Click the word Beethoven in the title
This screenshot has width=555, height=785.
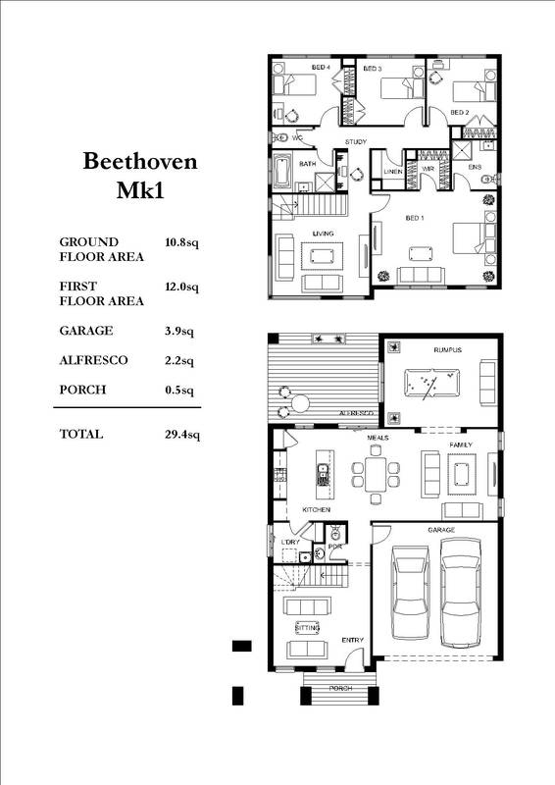pos(139,161)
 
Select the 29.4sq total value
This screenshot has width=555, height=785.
pos(182,434)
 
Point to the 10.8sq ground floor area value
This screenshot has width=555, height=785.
pos(182,241)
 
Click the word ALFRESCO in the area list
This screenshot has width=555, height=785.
pos(93,360)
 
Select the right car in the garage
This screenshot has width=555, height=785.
pos(460,595)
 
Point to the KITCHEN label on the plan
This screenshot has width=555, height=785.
pos(316,511)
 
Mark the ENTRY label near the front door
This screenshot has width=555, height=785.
pos(352,641)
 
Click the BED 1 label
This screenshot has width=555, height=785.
pos(414,217)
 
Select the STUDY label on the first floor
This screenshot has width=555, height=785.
pos(356,142)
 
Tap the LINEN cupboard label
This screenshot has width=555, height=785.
pos(392,172)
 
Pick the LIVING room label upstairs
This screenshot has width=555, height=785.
pos(324,234)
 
